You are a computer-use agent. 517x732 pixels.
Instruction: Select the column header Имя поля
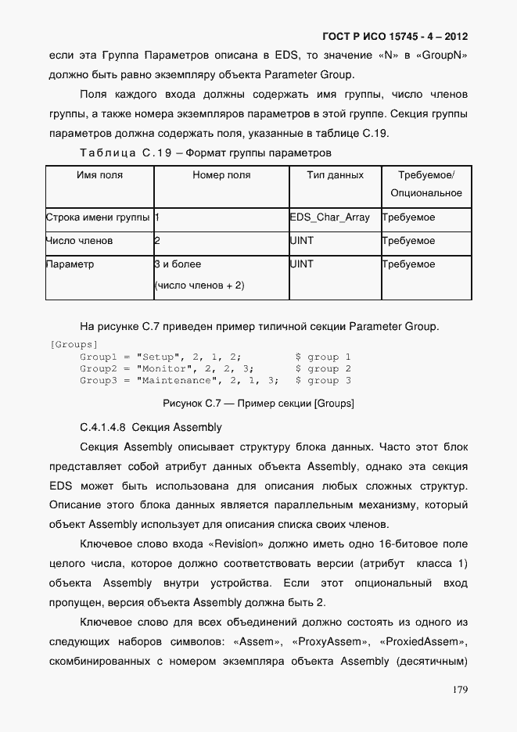(99, 175)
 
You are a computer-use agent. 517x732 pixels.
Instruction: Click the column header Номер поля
(221, 175)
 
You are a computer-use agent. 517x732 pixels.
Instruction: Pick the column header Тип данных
(335, 175)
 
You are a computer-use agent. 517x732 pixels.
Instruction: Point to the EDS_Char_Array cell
(329, 217)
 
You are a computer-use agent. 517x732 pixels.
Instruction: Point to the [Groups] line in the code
(73, 345)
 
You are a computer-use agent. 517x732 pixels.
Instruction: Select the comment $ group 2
(322, 368)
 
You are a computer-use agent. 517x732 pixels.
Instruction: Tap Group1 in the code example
(98, 357)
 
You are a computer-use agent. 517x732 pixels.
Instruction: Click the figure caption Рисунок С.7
(258, 404)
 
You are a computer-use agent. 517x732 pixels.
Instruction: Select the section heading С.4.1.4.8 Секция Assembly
(151, 427)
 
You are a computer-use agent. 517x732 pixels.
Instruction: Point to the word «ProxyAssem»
(329, 642)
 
